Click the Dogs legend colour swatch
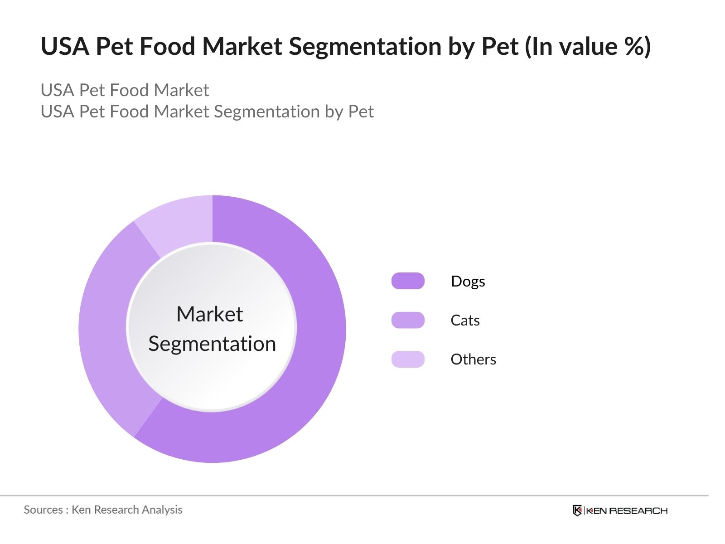tap(408, 281)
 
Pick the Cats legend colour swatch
tap(408, 320)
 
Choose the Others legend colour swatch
tap(408, 359)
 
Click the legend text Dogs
tap(468, 282)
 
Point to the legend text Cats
tap(465, 321)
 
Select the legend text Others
tap(473, 359)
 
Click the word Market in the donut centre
tap(209, 314)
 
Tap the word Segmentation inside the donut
tap(212, 344)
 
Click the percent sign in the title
tap(632, 46)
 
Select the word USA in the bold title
tap(65, 46)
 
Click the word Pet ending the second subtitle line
tap(361, 112)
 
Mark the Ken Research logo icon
tap(577, 511)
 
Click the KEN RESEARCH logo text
tap(627, 511)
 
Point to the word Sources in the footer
tap(43, 510)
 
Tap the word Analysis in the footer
tap(162, 510)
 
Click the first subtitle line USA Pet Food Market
tap(125, 90)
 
